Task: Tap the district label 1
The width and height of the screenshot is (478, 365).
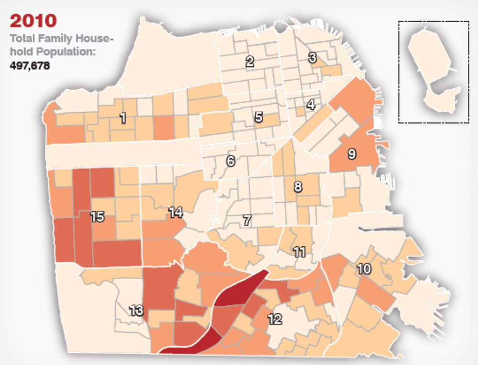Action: pyautogui.click(x=123, y=118)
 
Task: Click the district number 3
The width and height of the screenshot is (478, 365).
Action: pyautogui.click(x=312, y=58)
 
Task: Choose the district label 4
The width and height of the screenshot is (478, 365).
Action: pyautogui.click(x=311, y=105)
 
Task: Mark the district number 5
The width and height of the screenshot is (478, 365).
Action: pyautogui.click(x=259, y=117)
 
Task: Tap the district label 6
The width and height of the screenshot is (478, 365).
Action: pyautogui.click(x=231, y=161)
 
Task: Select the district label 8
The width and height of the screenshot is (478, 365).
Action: pyautogui.click(x=298, y=187)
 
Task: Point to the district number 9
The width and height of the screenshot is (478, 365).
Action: pyautogui.click(x=352, y=154)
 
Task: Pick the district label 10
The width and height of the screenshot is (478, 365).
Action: pyautogui.click(x=364, y=269)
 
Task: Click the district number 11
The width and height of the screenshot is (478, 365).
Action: pyautogui.click(x=300, y=252)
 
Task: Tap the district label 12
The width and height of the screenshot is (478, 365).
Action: pyautogui.click(x=275, y=319)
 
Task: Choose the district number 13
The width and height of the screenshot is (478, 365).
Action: pyautogui.click(x=136, y=311)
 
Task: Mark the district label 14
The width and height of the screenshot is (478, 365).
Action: pyautogui.click(x=176, y=212)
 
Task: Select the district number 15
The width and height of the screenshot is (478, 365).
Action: pyautogui.click(x=97, y=216)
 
